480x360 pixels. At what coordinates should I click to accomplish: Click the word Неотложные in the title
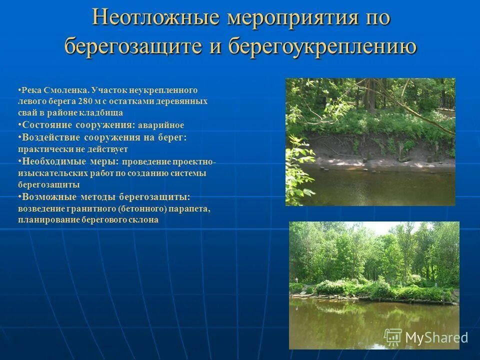pyautogui.click(x=156, y=18)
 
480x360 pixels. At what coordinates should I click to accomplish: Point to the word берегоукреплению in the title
pyautogui.click(x=322, y=46)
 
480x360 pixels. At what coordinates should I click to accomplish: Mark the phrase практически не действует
pyautogui.click(x=72, y=149)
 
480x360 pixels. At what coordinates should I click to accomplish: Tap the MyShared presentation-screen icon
pyautogui.click(x=393, y=337)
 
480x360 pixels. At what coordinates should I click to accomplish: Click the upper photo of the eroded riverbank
pyautogui.click(x=370, y=141)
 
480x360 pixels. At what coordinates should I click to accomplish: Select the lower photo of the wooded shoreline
pyautogui.click(x=373, y=285)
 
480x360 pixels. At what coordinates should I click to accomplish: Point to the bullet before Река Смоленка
pyautogui.click(x=19, y=90)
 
